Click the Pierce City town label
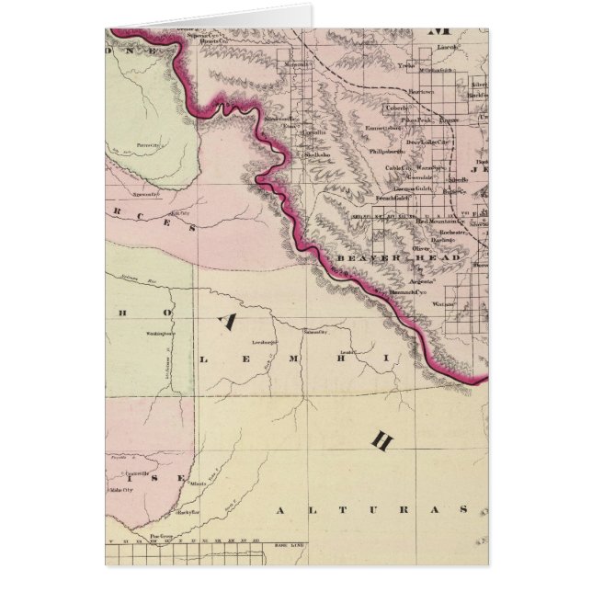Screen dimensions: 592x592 (x=146, y=145)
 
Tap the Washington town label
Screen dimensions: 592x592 (x=157, y=335)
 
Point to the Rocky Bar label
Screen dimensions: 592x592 (x=187, y=511)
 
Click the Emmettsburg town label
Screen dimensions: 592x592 (x=387, y=130)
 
